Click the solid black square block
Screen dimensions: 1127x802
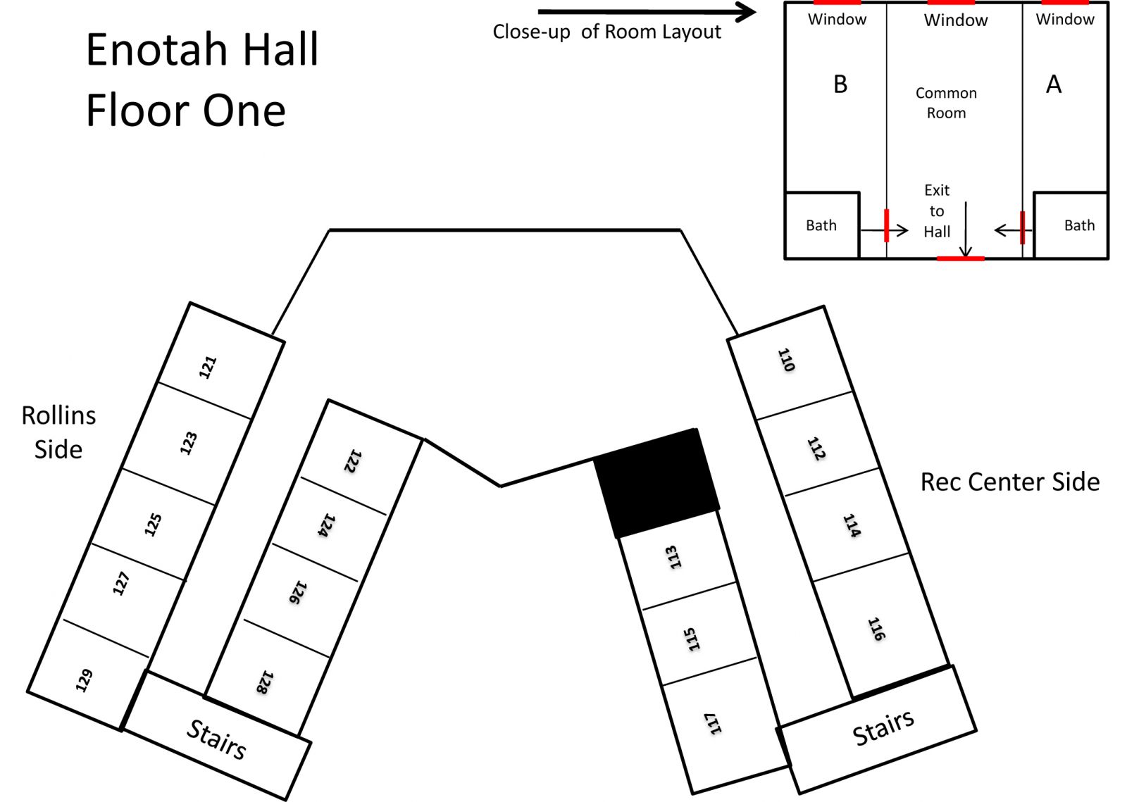(x=656, y=484)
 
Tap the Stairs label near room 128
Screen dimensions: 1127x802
(x=216, y=739)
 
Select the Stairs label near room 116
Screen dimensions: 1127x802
(x=883, y=727)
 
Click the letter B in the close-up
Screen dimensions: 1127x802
(x=840, y=84)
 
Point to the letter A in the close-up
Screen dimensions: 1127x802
(x=1054, y=84)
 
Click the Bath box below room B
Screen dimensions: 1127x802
(x=822, y=225)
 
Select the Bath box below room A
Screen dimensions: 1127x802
(x=1071, y=225)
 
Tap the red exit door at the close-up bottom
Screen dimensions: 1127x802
(x=961, y=258)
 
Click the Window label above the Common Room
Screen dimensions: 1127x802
(x=956, y=20)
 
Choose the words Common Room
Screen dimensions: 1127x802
(x=947, y=103)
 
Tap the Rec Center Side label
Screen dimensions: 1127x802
(x=1010, y=482)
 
